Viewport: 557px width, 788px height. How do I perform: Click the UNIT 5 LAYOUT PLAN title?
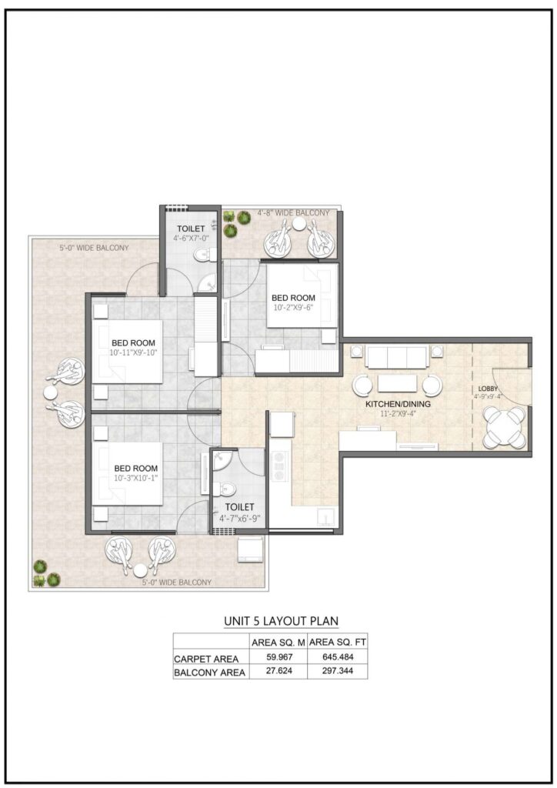pyautogui.click(x=280, y=620)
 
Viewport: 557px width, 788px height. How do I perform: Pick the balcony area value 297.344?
pyautogui.click(x=337, y=672)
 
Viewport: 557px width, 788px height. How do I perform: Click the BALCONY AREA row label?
pyautogui.click(x=210, y=672)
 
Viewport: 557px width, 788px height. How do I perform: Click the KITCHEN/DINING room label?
pyautogui.click(x=403, y=403)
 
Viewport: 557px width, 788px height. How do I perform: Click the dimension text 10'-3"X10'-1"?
pyautogui.click(x=135, y=478)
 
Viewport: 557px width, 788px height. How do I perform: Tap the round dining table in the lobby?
pyautogui.click(x=505, y=426)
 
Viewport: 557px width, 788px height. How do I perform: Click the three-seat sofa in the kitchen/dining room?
pyautogui.click(x=396, y=356)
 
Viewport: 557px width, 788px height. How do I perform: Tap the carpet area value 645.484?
pyautogui.click(x=337, y=658)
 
